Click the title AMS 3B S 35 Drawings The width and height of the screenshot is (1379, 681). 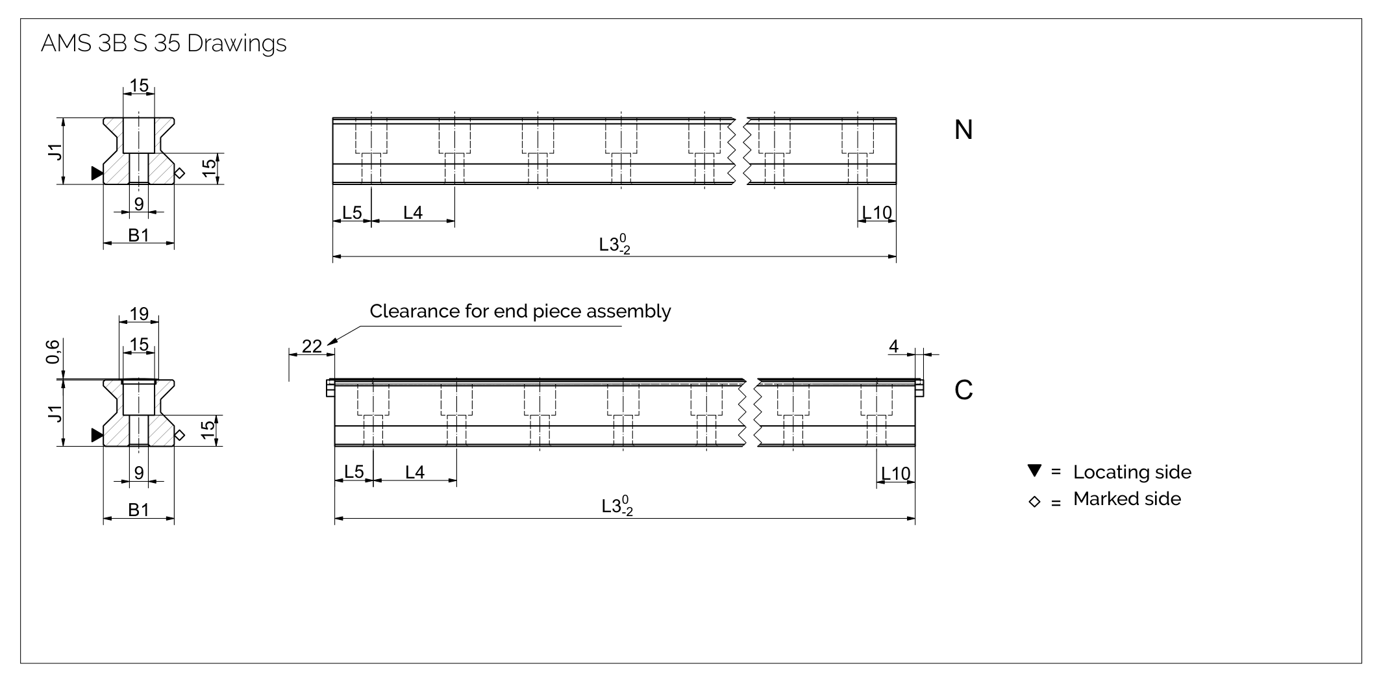[x=164, y=43]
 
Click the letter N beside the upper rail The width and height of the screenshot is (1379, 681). [x=963, y=130]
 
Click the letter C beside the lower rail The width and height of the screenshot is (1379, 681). [x=963, y=390]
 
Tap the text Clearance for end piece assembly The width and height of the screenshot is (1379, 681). [x=520, y=312]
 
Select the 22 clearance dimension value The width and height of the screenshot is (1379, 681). [x=312, y=347]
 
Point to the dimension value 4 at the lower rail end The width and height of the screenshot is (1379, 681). [x=893, y=347]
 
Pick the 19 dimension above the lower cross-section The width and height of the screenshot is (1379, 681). [x=139, y=314]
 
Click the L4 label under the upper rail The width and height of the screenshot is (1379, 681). [x=413, y=212]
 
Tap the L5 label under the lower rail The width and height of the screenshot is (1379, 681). [x=354, y=472]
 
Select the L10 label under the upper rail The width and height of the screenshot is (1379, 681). [x=878, y=212]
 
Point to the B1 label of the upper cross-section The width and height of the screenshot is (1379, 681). [x=139, y=235]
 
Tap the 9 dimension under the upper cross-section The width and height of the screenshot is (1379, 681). [x=139, y=204]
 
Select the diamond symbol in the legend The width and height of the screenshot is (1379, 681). [x=1035, y=502]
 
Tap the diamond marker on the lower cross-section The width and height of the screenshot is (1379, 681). [x=180, y=435]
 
